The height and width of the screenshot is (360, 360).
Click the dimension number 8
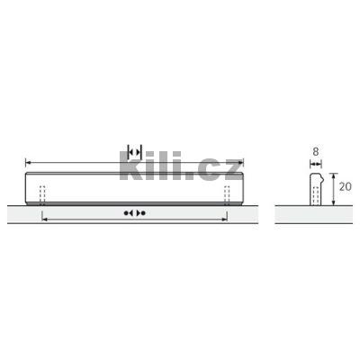(x=315, y=152)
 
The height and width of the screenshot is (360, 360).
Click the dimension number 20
(x=346, y=187)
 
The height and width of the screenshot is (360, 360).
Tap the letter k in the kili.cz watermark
(x=130, y=166)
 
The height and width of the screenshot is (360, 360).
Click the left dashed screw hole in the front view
(x=42, y=195)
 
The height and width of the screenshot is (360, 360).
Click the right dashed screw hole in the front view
(x=227, y=195)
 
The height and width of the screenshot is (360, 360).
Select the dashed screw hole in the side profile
(x=316, y=196)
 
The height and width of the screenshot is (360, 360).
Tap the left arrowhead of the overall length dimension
(x=28, y=163)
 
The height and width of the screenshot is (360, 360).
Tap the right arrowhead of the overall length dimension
(x=240, y=163)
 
